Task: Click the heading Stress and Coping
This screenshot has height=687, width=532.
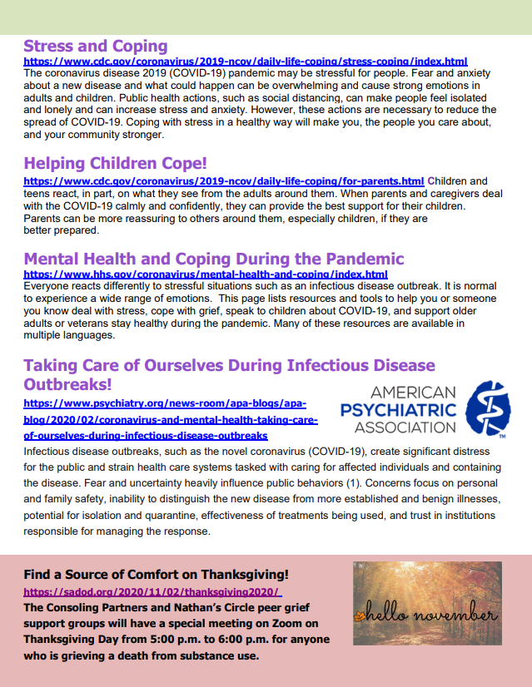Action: pos(95,47)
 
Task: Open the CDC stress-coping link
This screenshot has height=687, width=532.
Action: pos(245,62)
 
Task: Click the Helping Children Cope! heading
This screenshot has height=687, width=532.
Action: pos(115,163)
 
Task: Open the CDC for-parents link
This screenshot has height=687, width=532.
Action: pos(223,180)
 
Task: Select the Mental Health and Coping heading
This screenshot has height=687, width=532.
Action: pos(213,259)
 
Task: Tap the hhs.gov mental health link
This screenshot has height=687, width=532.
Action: pos(205,274)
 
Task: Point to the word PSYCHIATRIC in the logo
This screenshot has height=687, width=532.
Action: pos(399,409)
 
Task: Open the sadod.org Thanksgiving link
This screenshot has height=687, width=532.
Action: pos(152,592)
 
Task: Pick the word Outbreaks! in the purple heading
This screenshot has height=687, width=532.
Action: pos(67,385)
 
